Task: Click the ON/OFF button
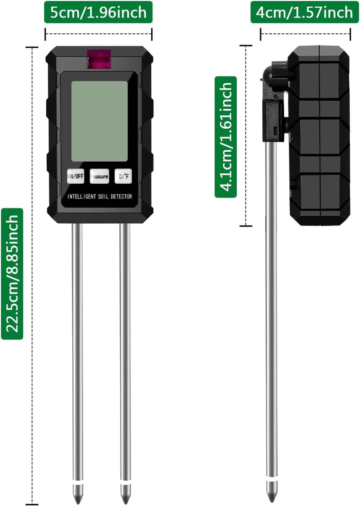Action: (x=76, y=176)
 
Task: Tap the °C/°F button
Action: (x=123, y=176)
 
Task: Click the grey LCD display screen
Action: (x=99, y=121)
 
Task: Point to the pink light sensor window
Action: (x=99, y=59)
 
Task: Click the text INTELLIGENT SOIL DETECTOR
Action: (x=100, y=197)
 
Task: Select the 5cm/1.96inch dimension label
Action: (x=98, y=12)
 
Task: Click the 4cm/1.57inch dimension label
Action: (x=305, y=12)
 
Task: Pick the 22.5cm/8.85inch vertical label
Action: (x=12, y=274)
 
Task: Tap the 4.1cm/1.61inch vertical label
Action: (x=226, y=137)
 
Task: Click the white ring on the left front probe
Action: (x=77, y=486)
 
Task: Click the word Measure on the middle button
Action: (x=99, y=176)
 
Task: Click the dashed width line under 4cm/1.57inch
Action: (x=305, y=33)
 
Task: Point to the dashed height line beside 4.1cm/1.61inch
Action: (x=246, y=136)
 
